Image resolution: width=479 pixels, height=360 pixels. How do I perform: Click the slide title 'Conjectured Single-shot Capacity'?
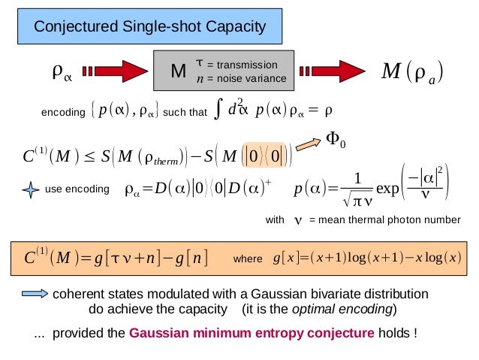coord(150,28)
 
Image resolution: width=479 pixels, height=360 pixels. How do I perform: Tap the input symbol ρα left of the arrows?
coord(62,72)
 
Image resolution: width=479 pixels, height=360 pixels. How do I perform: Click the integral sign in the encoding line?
coord(216,112)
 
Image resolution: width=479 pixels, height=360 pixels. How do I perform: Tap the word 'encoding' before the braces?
coord(63,113)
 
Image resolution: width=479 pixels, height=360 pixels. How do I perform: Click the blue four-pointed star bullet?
coord(30,190)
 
